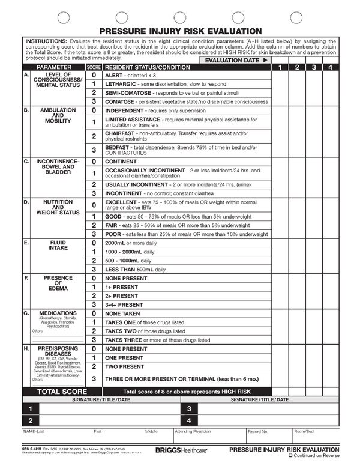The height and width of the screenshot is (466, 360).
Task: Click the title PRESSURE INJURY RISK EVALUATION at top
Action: click(180, 31)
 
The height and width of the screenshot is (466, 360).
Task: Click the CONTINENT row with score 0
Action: click(121, 162)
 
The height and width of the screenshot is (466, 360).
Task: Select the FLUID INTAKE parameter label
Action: click(58, 245)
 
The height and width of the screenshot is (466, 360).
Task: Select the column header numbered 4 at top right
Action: click(330, 68)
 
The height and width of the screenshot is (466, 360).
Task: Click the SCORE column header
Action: click(94, 68)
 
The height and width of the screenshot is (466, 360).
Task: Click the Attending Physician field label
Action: click(192, 431)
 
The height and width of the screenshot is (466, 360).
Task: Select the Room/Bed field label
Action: click(303, 431)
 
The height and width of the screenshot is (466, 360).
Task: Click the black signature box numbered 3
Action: click(189, 409)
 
